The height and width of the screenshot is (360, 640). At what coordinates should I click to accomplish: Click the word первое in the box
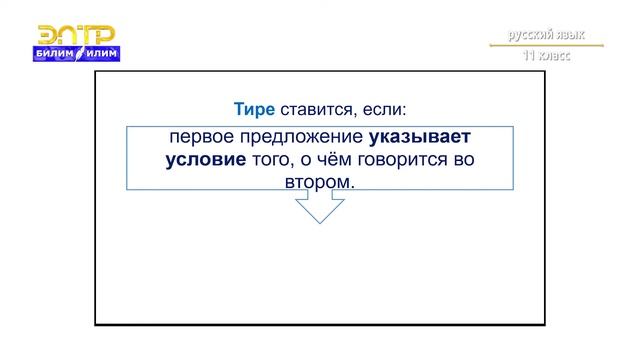coord(198,138)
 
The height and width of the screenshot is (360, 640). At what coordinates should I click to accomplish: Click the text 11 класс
coord(545,57)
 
